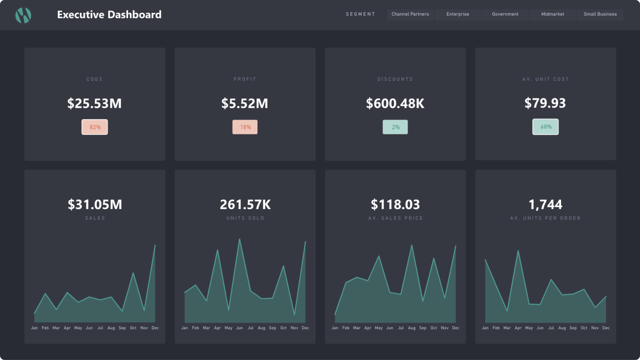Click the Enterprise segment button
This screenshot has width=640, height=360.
click(x=458, y=14)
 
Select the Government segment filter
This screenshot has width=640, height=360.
click(x=505, y=14)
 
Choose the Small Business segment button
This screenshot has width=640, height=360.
click(x=600, y=14)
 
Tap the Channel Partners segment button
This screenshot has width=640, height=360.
click(x=410, y=14)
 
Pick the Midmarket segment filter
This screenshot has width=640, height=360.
click(x=552, y=14)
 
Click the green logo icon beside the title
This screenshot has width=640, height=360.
click(x=23, y=15)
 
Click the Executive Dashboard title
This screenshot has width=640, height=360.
click(x=109, y=15)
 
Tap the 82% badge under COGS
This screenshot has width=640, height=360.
click(x=95, y=127)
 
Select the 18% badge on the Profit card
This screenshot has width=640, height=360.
click(x=245, y=127)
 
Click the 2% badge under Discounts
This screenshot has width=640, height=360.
click(x=395, y=127)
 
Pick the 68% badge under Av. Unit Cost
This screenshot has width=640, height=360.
click(x=545, y=127)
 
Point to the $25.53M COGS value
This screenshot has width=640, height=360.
click(x=95, y=104)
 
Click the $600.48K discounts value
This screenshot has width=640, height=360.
click(x=395, y=104)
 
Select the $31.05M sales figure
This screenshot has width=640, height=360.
click(x=95, y=205)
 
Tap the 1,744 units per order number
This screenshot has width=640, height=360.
click(x=545, y=205)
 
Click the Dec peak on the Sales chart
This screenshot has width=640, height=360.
click(x=155, y=245)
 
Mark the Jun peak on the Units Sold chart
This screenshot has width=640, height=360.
click(x=239, y=239)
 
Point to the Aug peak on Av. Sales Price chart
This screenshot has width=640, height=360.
click(x=412, y=245)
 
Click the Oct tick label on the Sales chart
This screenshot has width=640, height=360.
click(x=133, y=328)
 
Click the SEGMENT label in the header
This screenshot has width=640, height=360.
click(x=361, y=14)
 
